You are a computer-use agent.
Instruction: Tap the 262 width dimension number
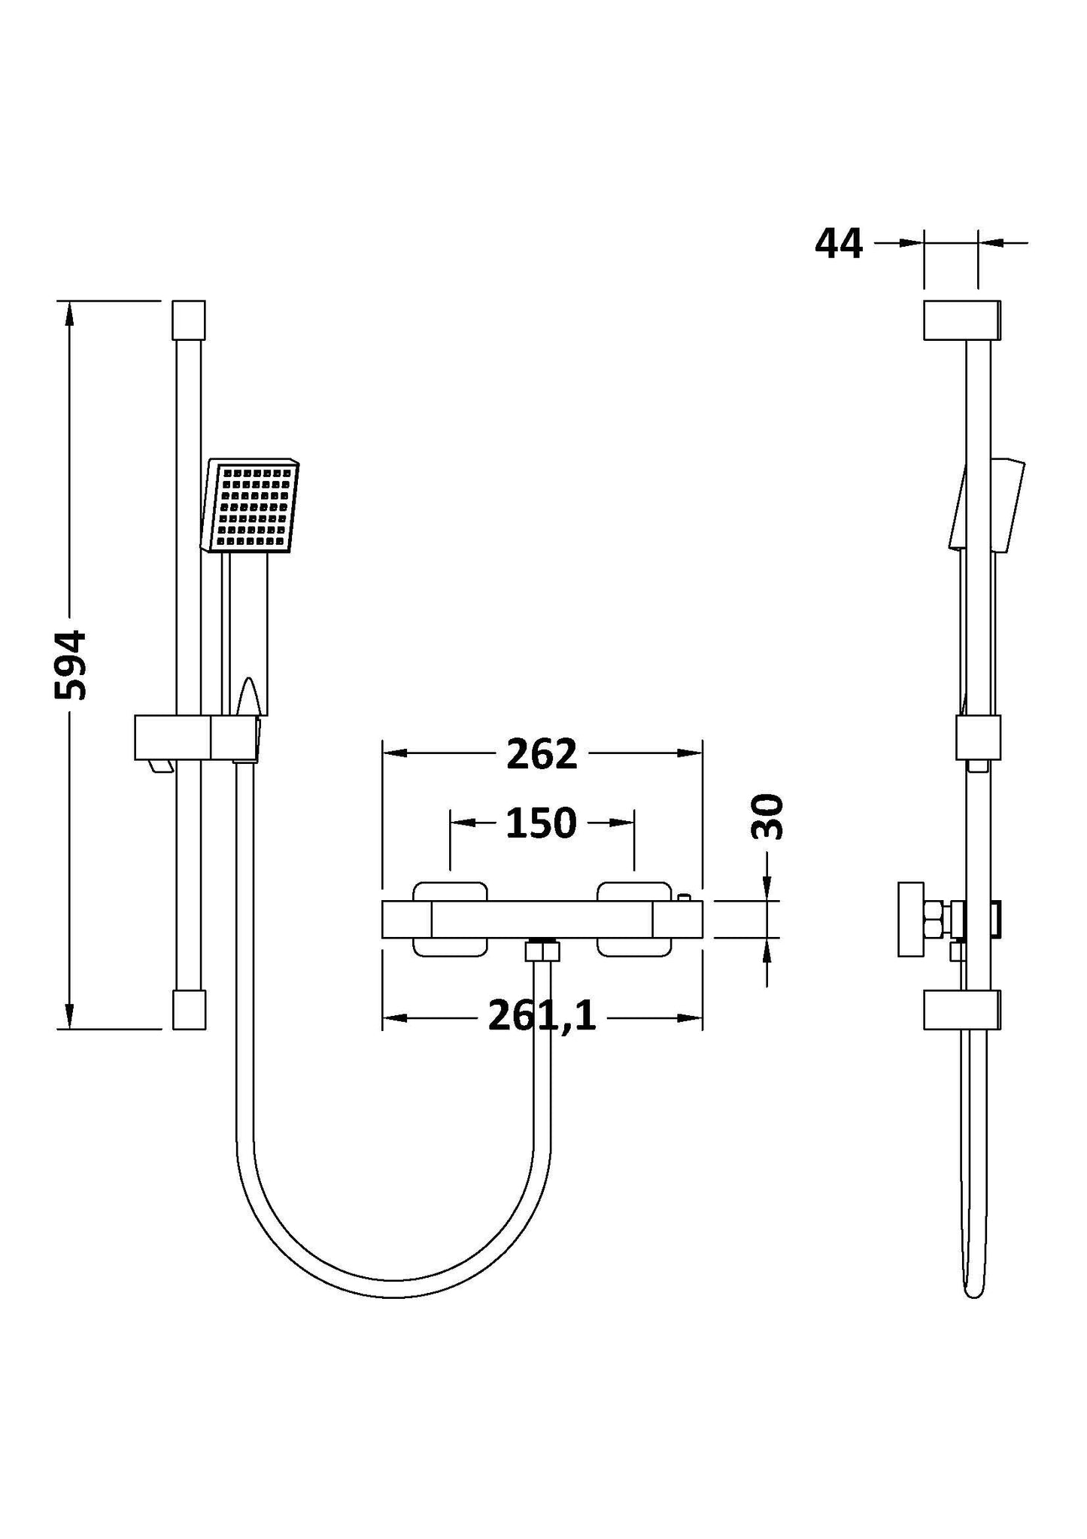tap(541, 754)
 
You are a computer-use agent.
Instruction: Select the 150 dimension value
tap(540, 823)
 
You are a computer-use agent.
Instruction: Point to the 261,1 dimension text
tap(542, 1017)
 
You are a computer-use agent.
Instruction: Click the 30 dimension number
tap(767, 817)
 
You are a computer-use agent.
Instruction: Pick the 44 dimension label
tap(839, 244)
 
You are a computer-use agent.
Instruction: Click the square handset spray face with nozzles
tap(253, 507)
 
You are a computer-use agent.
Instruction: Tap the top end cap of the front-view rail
tap(189, 321)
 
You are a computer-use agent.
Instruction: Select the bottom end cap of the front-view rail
tap(189, 1009)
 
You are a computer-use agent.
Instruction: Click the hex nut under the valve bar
tap(542, 950)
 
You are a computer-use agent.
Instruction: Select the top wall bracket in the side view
tap(961, 321)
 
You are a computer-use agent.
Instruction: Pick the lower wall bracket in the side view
tap(961, 1009)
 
